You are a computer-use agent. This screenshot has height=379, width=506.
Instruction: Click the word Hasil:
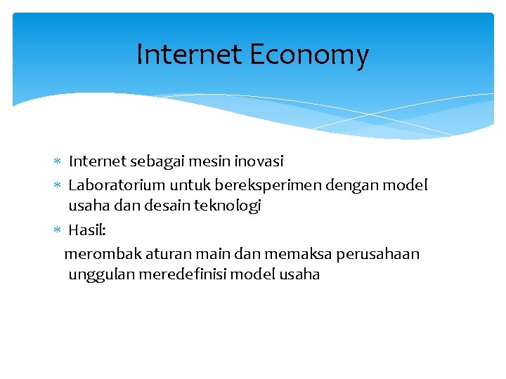[x=87, y=230]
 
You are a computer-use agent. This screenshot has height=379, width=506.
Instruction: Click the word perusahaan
[x=377, y=254]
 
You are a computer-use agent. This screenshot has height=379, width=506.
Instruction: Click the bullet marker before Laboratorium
[x=60, y=186]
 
